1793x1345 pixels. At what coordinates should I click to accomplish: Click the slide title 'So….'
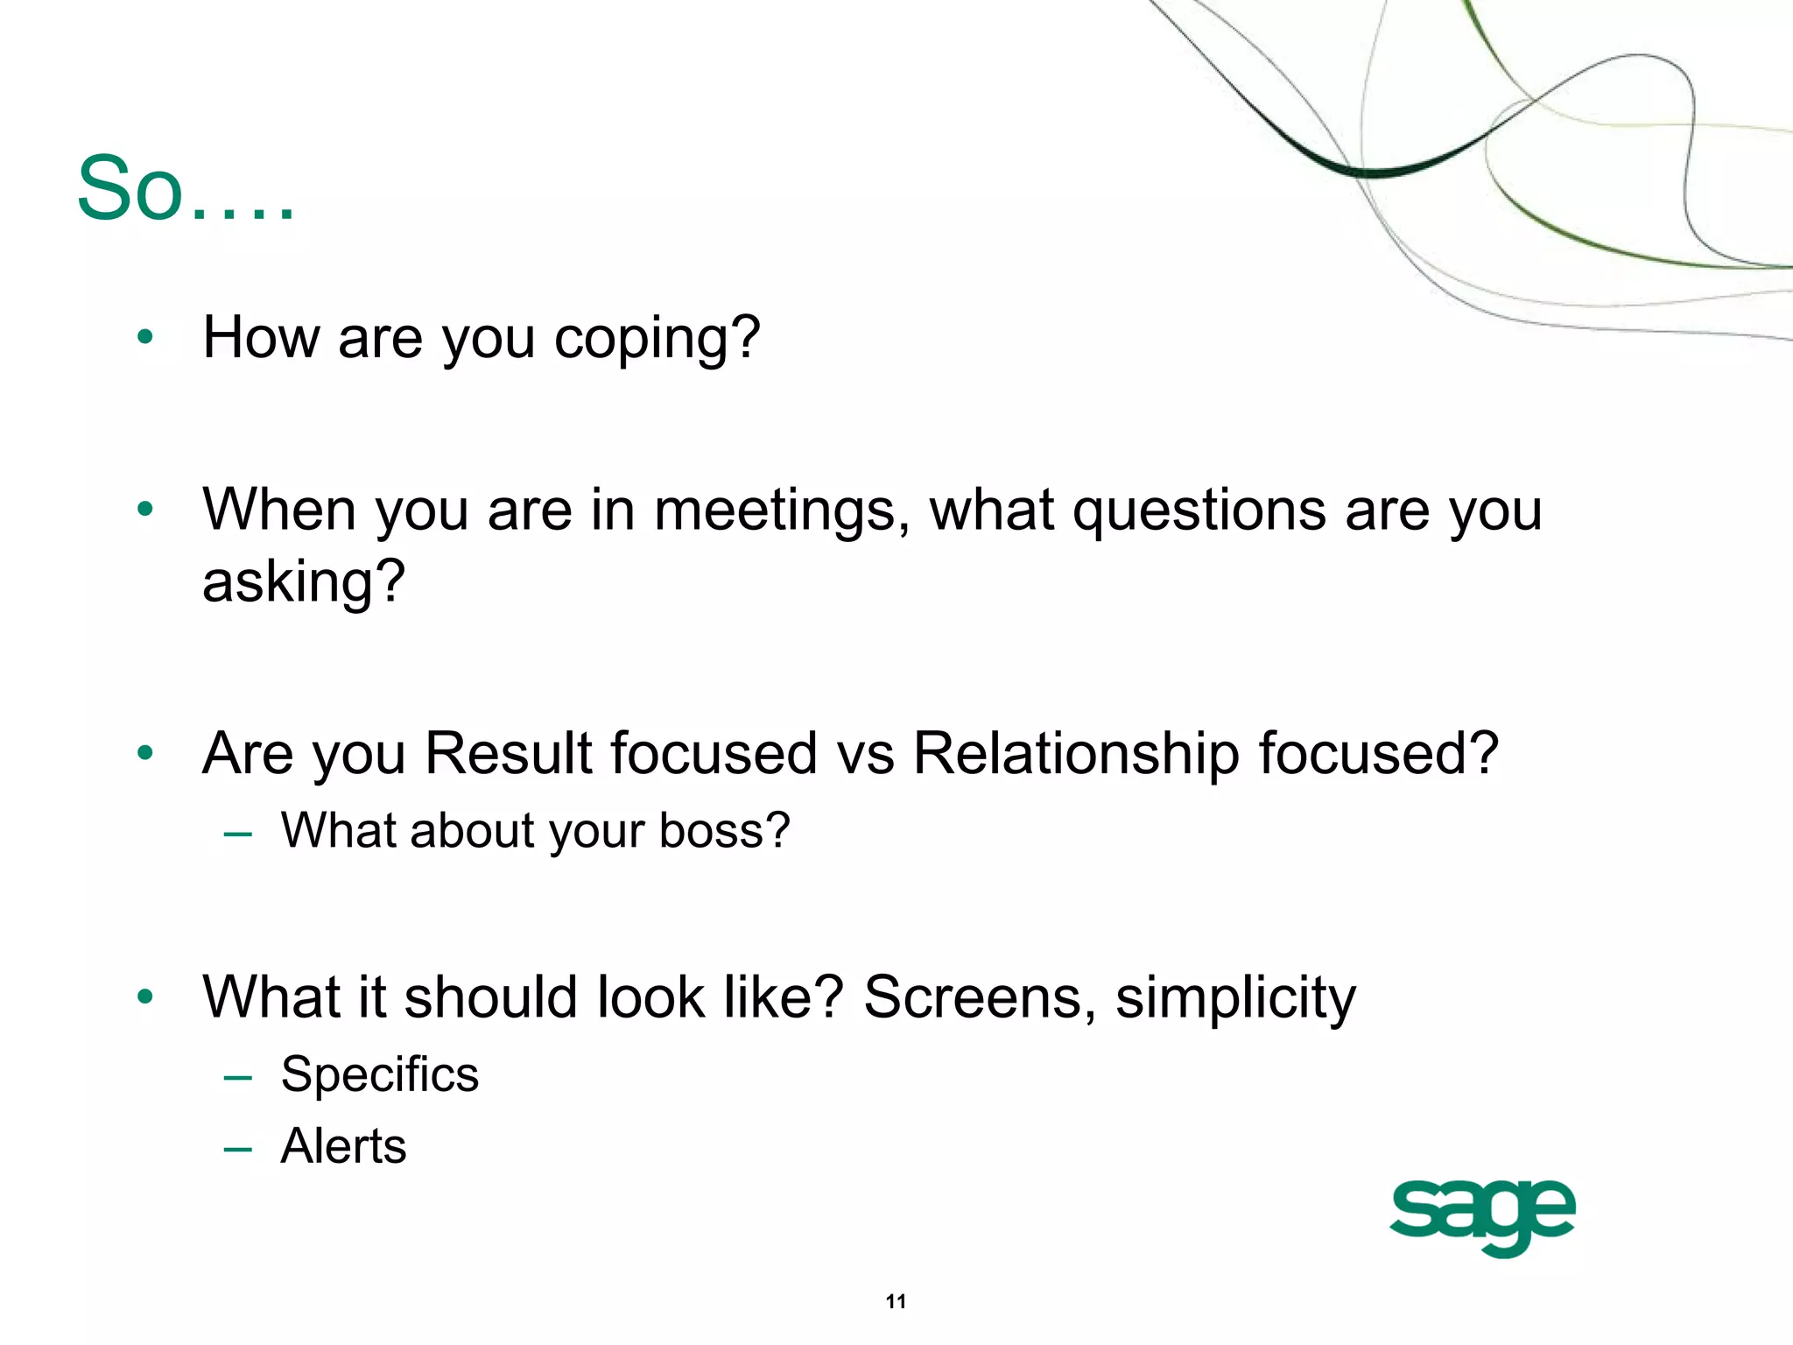tap(185, 189)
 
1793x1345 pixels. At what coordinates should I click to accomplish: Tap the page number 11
tap(896, 1301)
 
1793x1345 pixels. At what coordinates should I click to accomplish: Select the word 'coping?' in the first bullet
tap(657, 339)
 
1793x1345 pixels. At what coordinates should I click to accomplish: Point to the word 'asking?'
tap(304, 581)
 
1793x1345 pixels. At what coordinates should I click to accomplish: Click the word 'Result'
tap(508, 753)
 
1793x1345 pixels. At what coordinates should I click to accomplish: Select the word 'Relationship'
tap(1076, 753)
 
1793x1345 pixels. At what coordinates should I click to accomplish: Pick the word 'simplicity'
tap(1235, 999)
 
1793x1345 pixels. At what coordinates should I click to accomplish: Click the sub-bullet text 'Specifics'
tap(379, 1074)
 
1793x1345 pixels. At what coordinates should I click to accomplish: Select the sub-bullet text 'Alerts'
tap(343, 1146)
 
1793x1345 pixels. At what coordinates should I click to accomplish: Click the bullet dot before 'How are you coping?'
tap(145, 337)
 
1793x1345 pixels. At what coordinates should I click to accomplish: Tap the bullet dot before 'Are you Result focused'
tap(145, 752)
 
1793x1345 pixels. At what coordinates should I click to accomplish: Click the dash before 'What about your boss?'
tap(237, 834)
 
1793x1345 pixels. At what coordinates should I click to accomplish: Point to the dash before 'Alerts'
tap(237, 1149)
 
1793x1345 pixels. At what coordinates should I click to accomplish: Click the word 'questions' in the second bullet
tap(1199, 511)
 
